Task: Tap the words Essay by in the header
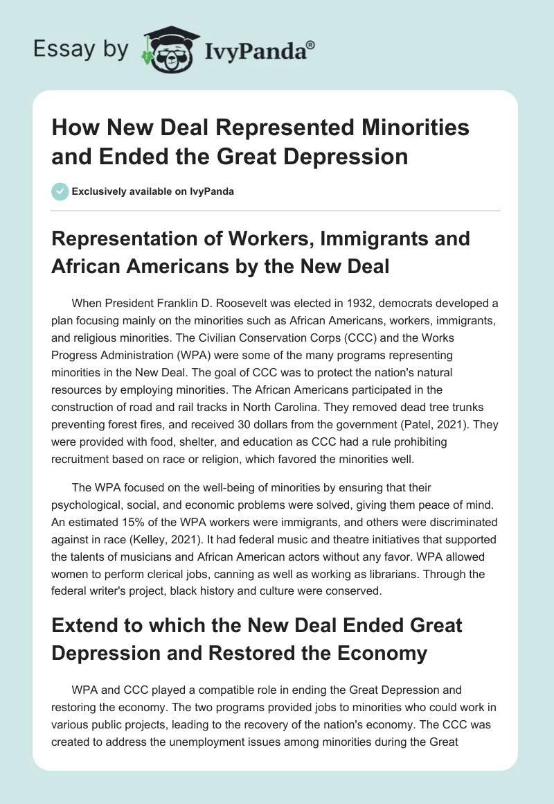coord(82,49)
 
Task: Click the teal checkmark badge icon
coord(60,191)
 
